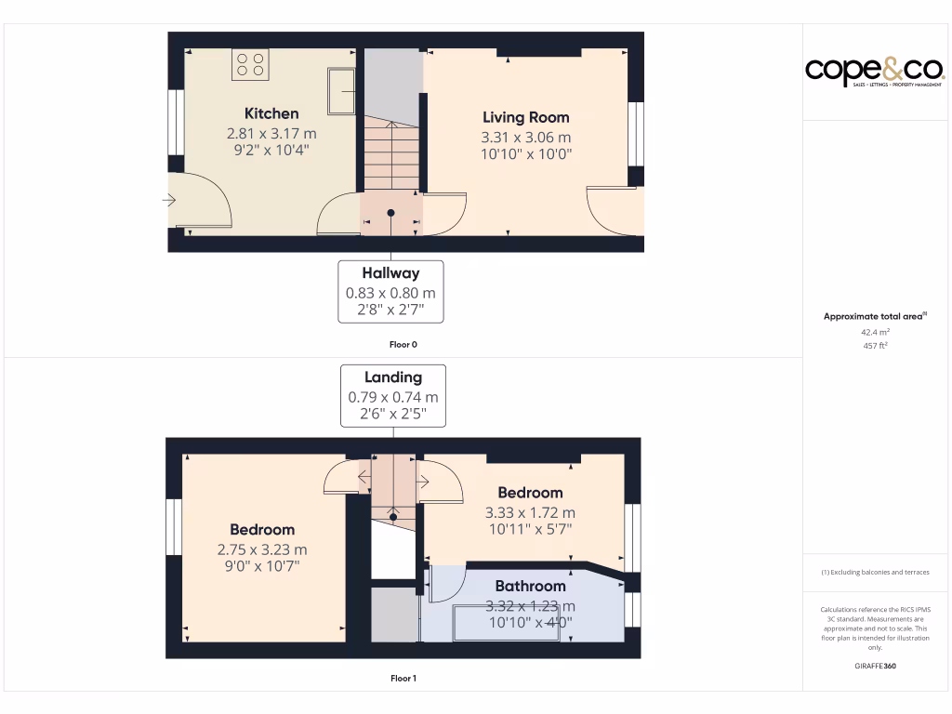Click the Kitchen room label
click(x=271, y=113)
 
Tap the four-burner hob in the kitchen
click(x=250, y=63)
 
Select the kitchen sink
click(x=341, y=90)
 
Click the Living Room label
click(x=525, y=117)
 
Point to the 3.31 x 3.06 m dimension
click(x=525, y=137)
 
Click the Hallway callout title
click(x=390, y=273)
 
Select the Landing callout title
click(x=392, y=377)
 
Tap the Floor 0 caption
click(x=403, y=344)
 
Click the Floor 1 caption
click(x=403, y=679)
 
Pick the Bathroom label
click(x=530, y=586)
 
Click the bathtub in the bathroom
click(x=509, y=622)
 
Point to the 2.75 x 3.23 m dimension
click(x=262, y=549)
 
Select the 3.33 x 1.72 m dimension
click(x=530, y=512)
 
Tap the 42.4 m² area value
click(x=875, y=331)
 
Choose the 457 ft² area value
click(x=875, y=346)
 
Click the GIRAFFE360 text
click(x=875, y=666)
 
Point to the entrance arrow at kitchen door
click(x=169, y=199)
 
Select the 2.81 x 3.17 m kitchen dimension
click(x=271, y=133)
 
